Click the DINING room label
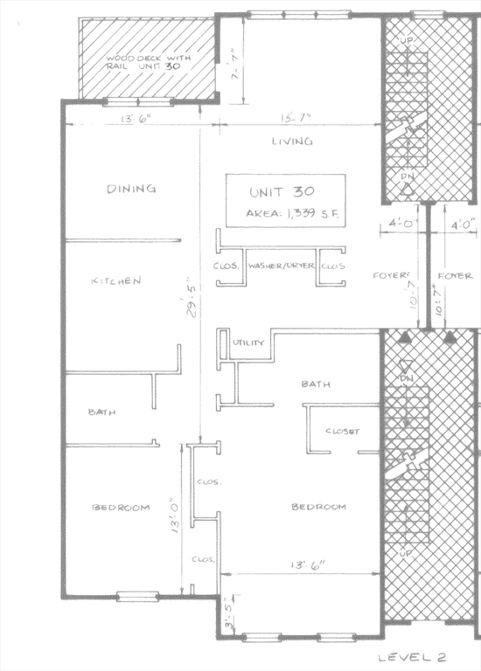(x=131, y=189)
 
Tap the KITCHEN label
(x=116, y=281)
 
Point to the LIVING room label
(x=292, y=142)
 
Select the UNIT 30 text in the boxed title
(x=282, y=191)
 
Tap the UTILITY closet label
(x=248, y=343)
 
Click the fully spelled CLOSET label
(x=343, y=432)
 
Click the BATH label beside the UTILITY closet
(x=315, y=384)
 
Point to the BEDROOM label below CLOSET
(x=318, y=507)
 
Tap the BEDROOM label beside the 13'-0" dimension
(x=121, y=507)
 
